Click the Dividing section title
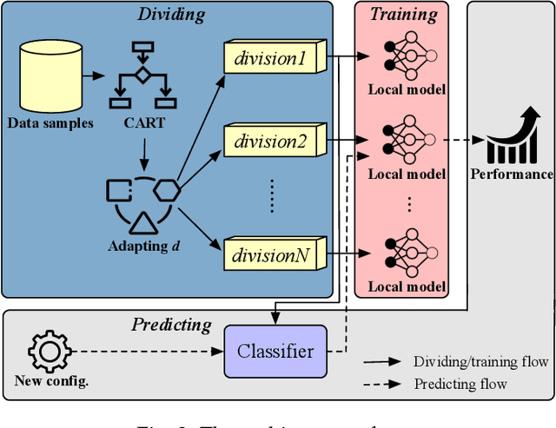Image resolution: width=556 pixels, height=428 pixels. (172, 15)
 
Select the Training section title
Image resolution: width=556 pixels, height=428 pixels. (402, 15)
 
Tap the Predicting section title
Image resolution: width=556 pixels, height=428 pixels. (171, 325)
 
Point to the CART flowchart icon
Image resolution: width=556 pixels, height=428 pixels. (140, 74)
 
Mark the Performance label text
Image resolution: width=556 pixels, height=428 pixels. (512, 174)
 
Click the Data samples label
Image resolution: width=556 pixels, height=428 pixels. (50, 122)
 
